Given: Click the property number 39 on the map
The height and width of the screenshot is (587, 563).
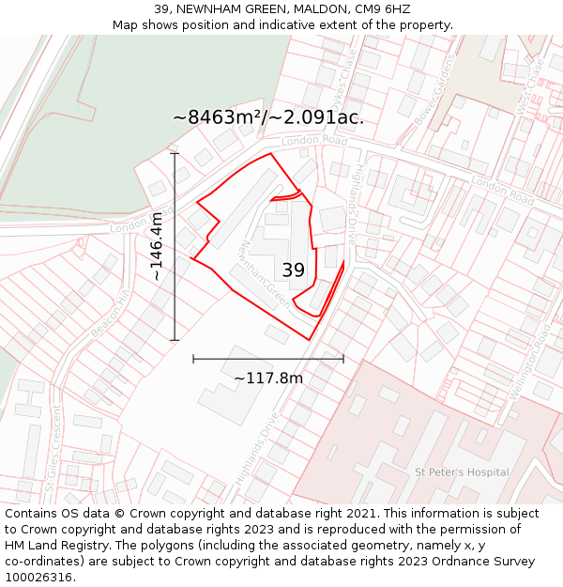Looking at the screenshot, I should [x=294, y=270].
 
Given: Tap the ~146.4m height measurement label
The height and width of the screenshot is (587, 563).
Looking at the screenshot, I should [x=157, y=246].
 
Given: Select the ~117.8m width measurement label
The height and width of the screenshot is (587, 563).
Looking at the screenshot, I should [x=268, y=378].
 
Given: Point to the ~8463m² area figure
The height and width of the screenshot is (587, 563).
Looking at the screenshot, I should [x=219, y=118].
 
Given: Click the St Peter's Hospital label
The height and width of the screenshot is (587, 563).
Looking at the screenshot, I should [x=462, y=472].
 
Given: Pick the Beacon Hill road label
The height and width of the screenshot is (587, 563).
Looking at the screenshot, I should [x=110, y=314].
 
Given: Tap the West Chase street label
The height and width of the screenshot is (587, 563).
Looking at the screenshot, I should [x=530, y=87].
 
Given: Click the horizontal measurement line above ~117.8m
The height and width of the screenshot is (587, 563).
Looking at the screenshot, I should [x=268, y=359].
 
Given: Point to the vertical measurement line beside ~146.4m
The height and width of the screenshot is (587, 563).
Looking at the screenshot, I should [x=175, y=246].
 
